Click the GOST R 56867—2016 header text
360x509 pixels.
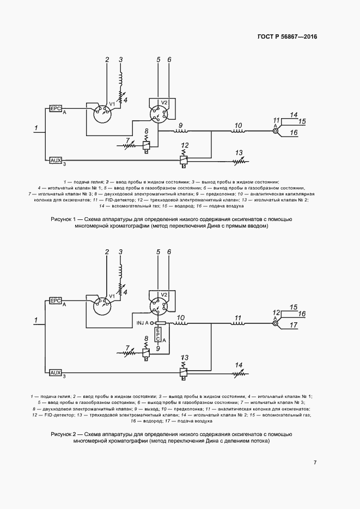287,36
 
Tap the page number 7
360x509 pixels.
315,462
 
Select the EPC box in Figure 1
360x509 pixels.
56,108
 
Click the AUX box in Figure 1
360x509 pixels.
56,160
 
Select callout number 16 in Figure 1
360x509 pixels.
294,132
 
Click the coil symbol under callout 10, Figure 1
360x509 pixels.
238,131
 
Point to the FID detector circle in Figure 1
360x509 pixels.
276,131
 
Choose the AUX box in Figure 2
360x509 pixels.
56,372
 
